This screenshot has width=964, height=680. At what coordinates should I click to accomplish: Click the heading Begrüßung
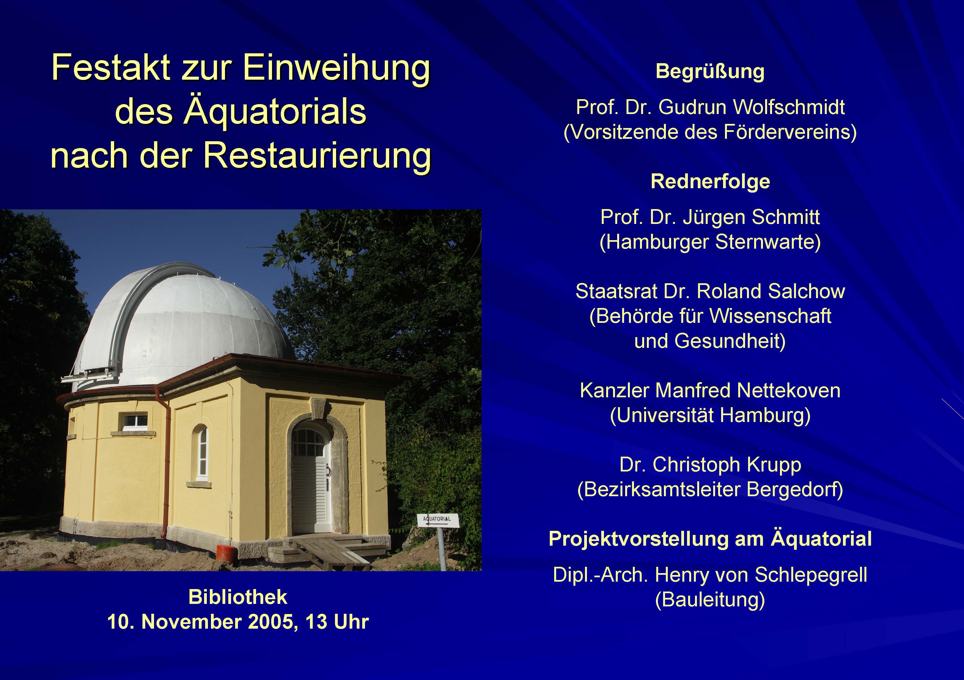coord(710,71)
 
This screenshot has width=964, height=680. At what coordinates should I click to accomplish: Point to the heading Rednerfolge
coord(710,181)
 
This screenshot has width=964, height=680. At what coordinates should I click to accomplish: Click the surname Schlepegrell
coord(811,575)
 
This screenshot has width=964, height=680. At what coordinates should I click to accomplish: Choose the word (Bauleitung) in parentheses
coord(710,600)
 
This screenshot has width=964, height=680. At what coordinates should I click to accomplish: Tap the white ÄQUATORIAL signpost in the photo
coord(438,520)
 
